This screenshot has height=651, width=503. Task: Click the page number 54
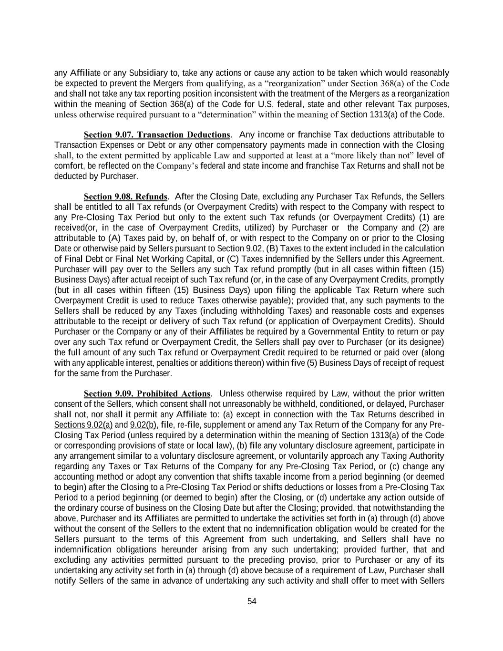[x=252, y=601]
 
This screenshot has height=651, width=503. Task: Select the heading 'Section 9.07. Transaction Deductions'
[x=157, y=135]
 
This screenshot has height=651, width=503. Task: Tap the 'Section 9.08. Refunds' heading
[x=125, y=197]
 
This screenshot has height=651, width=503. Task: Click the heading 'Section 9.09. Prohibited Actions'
[x=147, y=394]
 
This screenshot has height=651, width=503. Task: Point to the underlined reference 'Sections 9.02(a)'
[x=83, y=425]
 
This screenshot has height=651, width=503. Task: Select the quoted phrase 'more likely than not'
[x=377, y=155]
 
